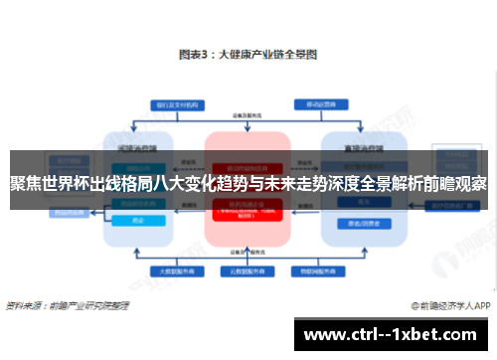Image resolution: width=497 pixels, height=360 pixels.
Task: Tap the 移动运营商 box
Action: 319,103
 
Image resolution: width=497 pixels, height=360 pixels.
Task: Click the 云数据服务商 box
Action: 248,270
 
